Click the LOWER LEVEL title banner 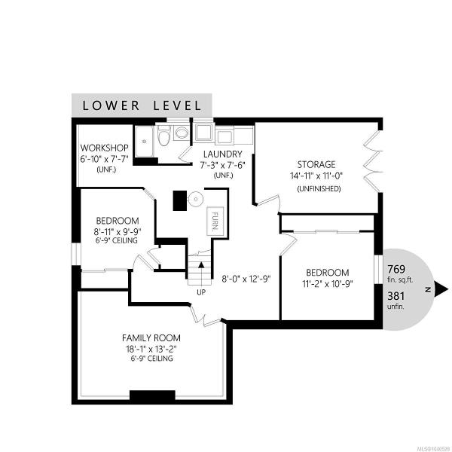pyautogui.click(x=142, y=105)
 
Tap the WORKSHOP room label pyautogui.click(x=105, y=148)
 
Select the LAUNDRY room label pyautogui.click(x=222, y=154)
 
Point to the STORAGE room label pyautogui.click(x=316, y=164)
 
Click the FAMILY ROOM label pyautogui.click(x=151, y=337)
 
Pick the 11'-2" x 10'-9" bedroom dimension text pyautogui.click(x=328, y=284)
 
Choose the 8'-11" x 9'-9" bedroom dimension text pyautogui.click(x=117, y=231)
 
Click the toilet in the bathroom pyautogui.click(x=164, y=136)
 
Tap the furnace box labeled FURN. pyautogui.click(x=215, y=221)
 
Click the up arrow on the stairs pyautogui.click(x=201, y=265)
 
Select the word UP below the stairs pyautogui.click(x=201, y=292)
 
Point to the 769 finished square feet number pyautogui.click(x=396, y=269)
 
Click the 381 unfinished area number pyautogui.click(x=395, y=296)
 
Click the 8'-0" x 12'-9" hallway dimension pyautogui.click(x=246, y=279)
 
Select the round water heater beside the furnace pyautogui.click(x=196, y=199)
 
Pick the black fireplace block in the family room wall pyautogui.click(x=152, y=395)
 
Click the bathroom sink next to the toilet pyautogui.click(x=182, y=133)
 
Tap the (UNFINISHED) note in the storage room pyautogui.click(x=319, y=189)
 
